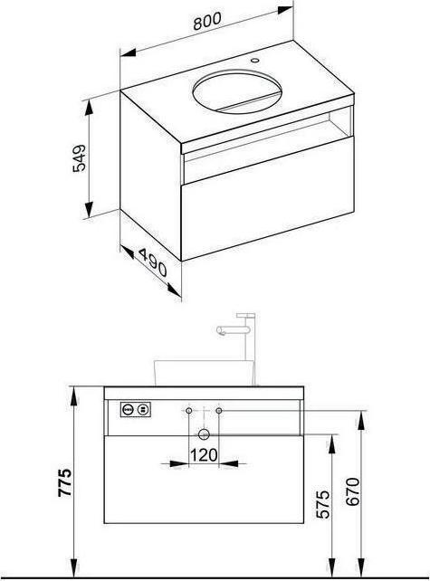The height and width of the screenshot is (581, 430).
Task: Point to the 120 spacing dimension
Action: pos(203,456)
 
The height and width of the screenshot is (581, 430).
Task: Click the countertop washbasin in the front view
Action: pos(202,370)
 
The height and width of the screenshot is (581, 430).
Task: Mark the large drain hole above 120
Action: pos(204,433)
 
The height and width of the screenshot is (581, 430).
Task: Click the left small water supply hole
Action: pos(187,411)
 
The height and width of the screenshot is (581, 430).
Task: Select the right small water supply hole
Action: pos(220,411)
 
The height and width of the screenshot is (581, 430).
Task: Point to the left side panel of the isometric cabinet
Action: pos(150,167)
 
